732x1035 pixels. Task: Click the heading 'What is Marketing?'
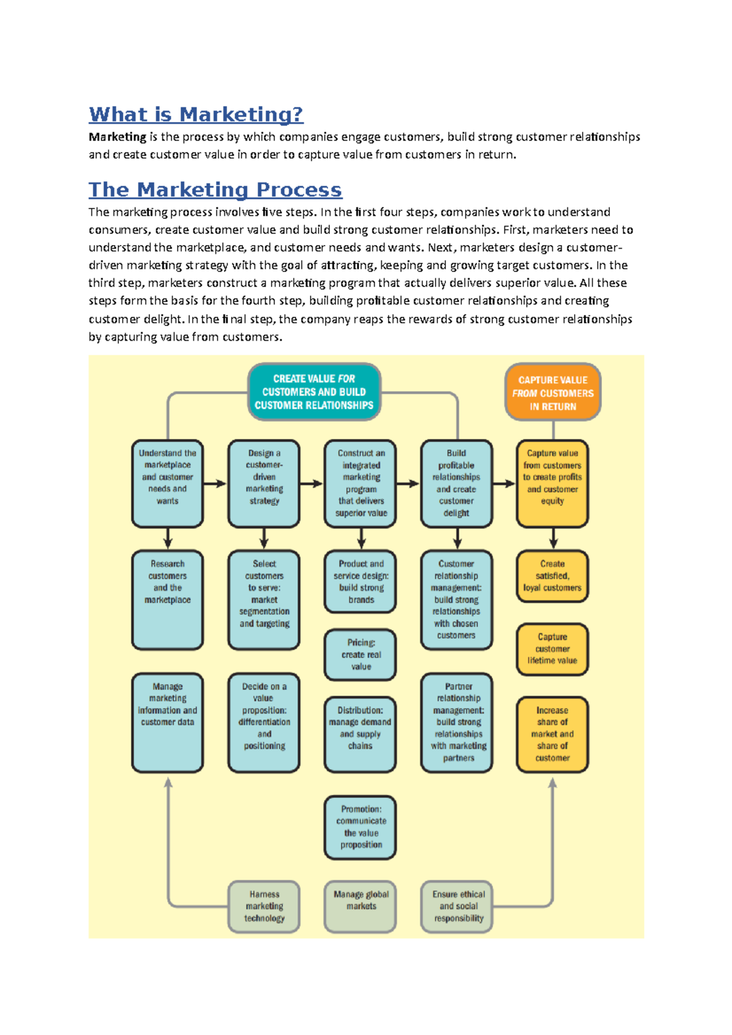[196, 115]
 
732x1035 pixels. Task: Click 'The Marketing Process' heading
[215, 190]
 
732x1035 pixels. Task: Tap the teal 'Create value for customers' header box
[314, 392]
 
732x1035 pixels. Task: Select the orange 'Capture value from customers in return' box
[553, 393]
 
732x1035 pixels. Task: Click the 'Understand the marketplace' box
[168, 483]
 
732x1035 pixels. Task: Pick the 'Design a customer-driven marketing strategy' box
[264, 483]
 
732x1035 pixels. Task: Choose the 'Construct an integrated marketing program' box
[361, 483]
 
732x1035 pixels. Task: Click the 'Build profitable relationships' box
[456, 483]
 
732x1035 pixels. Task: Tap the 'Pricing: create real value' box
[361, 655]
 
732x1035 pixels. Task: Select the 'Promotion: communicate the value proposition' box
[361, 827]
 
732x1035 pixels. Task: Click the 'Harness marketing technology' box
[264, 906]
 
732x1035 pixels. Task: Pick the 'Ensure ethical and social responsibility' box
[457, 906]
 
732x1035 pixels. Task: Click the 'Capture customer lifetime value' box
[552, 649]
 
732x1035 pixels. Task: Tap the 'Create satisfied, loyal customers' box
[552, 577]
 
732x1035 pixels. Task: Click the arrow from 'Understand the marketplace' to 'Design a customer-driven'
[215, 484]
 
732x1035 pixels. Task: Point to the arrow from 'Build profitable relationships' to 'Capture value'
[504, 484]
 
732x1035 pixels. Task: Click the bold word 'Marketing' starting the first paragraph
[117, 137]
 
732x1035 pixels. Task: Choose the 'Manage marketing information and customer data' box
[168, 722]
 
